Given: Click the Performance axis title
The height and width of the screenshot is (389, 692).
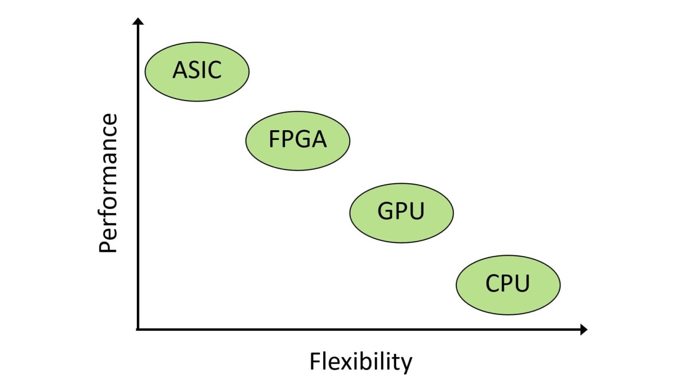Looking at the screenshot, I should pyautogui.click(x=108, y=184).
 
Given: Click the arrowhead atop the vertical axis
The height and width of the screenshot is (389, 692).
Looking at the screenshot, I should pyautogui.click(x=138, y=22).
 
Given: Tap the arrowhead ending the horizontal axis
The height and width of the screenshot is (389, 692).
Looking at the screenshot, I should pyautogui.click(x=583, y=329).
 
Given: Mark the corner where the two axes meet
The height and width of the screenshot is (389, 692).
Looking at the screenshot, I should pyautogui.click(x=138, y=328).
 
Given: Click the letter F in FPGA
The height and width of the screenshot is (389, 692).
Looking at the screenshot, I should pyautogui.click(x=274, y=139).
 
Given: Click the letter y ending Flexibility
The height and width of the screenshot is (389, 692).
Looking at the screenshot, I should pyautogui.click(x=406, y=364).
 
